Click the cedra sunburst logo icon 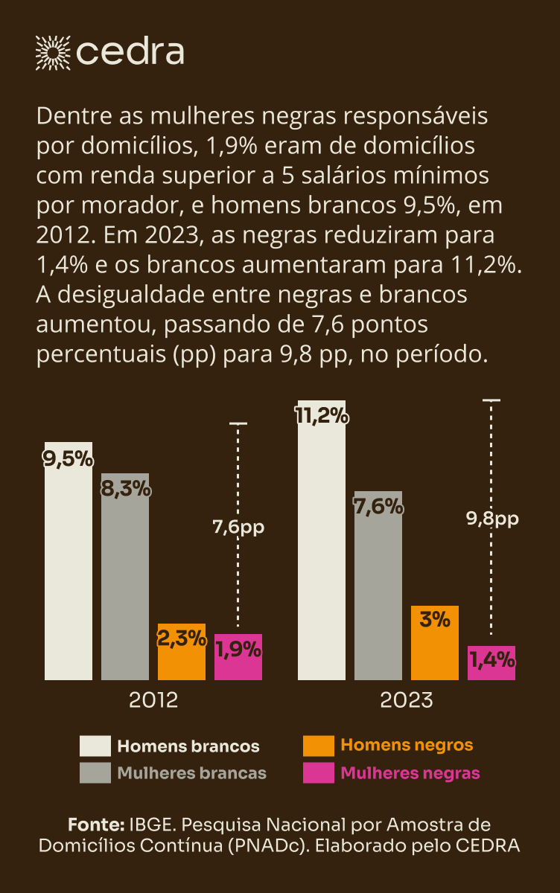[53, 52]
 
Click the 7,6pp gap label [238, 528]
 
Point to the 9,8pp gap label [492, 519]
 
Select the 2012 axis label [153, 700]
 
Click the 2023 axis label [407, 700]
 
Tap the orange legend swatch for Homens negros [319, 746]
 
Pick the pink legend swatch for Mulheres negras [319, 773]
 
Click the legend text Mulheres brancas [192, 773]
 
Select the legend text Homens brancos [188, 746]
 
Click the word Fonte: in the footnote [95, 825]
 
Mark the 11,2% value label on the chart [322, 416]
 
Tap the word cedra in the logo [130, 52]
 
